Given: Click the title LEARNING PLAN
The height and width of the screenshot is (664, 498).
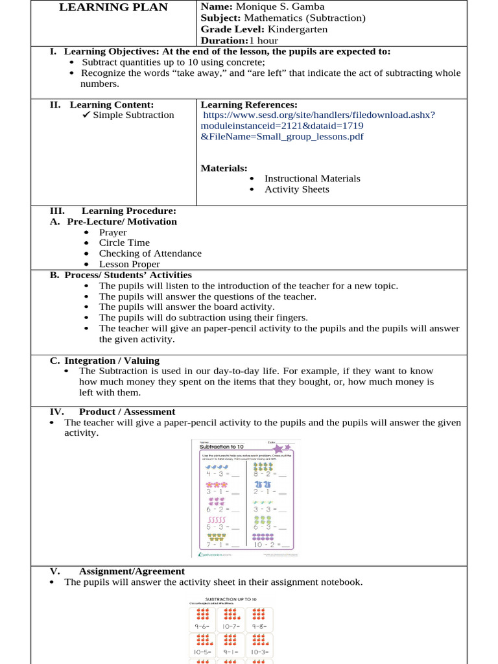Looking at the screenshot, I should [x=113, y=8].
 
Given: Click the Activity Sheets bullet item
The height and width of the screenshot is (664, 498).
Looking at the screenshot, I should [x=296, y=189].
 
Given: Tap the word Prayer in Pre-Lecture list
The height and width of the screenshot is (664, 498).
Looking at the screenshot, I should [x=113, y=232].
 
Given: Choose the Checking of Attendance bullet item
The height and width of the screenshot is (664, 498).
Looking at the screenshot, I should [x=150, y=254].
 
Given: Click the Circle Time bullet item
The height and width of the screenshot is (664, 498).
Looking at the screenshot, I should [x=124, y=243].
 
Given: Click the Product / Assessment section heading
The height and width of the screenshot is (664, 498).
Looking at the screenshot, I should [x=127, y=412].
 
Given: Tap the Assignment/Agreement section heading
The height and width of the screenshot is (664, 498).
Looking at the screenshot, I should [x=132, y=571].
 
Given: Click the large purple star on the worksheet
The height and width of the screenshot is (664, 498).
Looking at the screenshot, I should [x=278, y=449].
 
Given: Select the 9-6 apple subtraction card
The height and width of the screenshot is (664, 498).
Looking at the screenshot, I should [x=204, y=620].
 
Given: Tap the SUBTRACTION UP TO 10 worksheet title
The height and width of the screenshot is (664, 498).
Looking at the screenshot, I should [x=231, y=599].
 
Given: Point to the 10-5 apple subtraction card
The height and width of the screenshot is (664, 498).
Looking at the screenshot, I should [x=204, y=645].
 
